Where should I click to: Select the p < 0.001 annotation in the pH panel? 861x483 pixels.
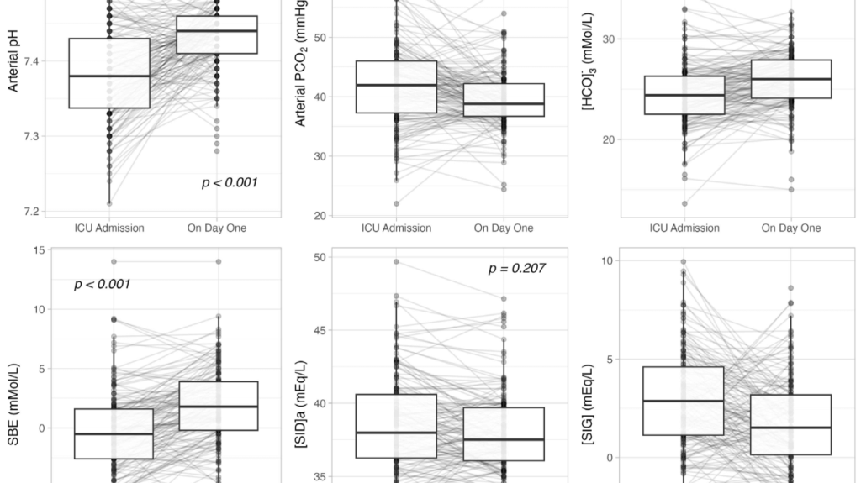coord(229,182)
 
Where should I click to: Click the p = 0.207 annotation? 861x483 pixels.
coord(516,269)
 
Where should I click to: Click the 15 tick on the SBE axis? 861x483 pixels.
coord(38,249)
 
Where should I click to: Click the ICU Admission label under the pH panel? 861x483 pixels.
coord(109,228)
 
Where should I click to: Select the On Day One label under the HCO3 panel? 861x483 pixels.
coord(790,228)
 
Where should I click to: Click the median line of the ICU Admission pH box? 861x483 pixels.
coord(109,76)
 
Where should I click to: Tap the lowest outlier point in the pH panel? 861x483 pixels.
coord(109,203)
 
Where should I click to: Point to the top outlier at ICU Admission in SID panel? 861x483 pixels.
coord(396,261)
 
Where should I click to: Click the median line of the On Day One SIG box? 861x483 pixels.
coord(790,428)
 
